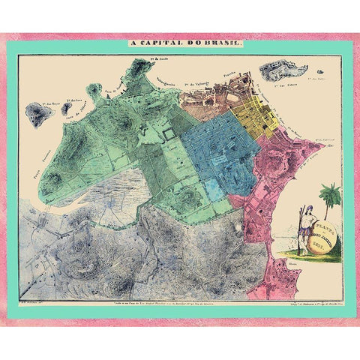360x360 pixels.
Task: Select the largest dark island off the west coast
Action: pos(40,115)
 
